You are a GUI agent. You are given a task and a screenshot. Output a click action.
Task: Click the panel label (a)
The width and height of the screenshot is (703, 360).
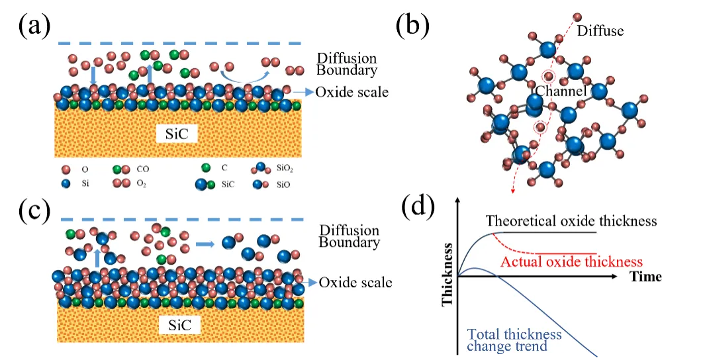point(34,26)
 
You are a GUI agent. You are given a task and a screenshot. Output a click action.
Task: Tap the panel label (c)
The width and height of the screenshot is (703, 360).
point(34,210)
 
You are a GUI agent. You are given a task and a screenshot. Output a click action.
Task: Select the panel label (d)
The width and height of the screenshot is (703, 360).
point(418,206)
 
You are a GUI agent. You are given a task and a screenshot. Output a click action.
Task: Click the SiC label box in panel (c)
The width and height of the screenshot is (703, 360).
point(180,324)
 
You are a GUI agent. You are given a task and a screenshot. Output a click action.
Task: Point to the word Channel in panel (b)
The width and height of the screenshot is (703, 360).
point(561,91)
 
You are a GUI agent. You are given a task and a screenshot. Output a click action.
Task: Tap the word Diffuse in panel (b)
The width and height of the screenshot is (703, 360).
point(600,30)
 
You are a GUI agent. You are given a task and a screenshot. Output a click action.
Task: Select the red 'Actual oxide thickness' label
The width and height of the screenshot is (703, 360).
point(572,261)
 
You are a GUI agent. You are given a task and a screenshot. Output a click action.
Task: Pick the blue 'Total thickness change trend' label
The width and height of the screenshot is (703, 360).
point(514,340)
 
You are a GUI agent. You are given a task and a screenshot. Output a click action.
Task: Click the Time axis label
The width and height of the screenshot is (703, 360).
point(645,276)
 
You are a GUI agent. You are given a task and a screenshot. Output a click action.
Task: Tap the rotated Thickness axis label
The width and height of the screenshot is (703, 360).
point(447,275)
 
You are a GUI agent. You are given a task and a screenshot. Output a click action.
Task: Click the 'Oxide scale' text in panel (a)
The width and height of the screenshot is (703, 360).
point(352,92)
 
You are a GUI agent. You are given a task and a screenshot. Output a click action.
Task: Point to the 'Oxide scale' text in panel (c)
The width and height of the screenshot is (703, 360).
point(355,282)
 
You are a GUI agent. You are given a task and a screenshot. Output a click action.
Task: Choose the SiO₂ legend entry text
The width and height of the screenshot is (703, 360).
point(285,169)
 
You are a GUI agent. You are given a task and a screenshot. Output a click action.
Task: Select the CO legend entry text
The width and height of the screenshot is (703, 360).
point(142,169)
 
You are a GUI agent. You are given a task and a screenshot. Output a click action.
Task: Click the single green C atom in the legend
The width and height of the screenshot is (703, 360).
point(206,168)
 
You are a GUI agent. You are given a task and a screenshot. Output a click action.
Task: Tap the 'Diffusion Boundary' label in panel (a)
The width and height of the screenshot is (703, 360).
point(347,64)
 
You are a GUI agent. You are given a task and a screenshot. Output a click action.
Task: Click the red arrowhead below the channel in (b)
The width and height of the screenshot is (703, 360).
point(512,191)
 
